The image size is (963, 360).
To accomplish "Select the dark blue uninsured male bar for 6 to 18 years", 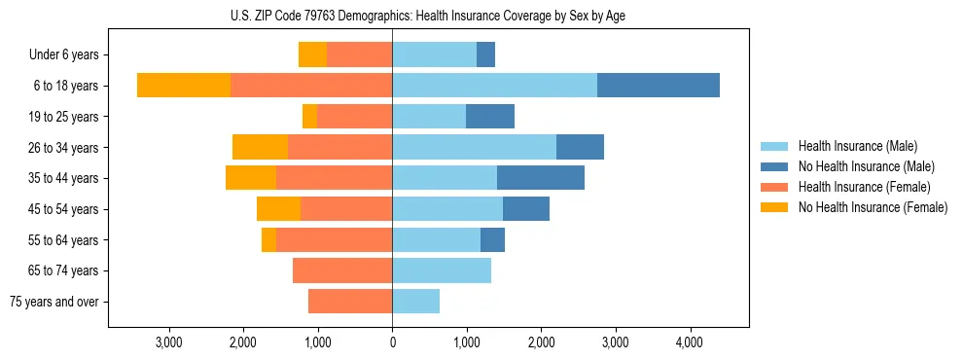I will tap(658, 85).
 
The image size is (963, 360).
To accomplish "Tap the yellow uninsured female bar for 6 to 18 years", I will tap(183, 85).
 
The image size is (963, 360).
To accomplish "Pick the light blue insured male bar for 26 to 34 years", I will tap(474, 147).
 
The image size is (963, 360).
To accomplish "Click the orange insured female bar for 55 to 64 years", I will tap(334, 239).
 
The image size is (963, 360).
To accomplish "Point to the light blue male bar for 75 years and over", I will tap(415, 302).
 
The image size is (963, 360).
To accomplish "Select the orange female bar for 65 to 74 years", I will tap(342, 270).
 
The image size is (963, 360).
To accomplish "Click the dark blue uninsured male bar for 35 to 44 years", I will tap(540, 178).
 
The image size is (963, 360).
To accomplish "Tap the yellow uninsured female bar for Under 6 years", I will tap(312, 54).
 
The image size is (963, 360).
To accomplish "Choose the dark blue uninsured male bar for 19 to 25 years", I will tap(489, 116).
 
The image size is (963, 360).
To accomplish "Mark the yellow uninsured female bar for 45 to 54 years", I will tap(278, 208).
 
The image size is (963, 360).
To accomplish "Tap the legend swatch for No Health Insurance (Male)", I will tap(775, 166).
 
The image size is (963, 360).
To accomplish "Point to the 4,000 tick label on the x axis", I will tap(690, 342).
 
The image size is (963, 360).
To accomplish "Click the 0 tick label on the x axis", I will tap(392, 342).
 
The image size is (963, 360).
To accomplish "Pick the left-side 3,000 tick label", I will tap(168, 342).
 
